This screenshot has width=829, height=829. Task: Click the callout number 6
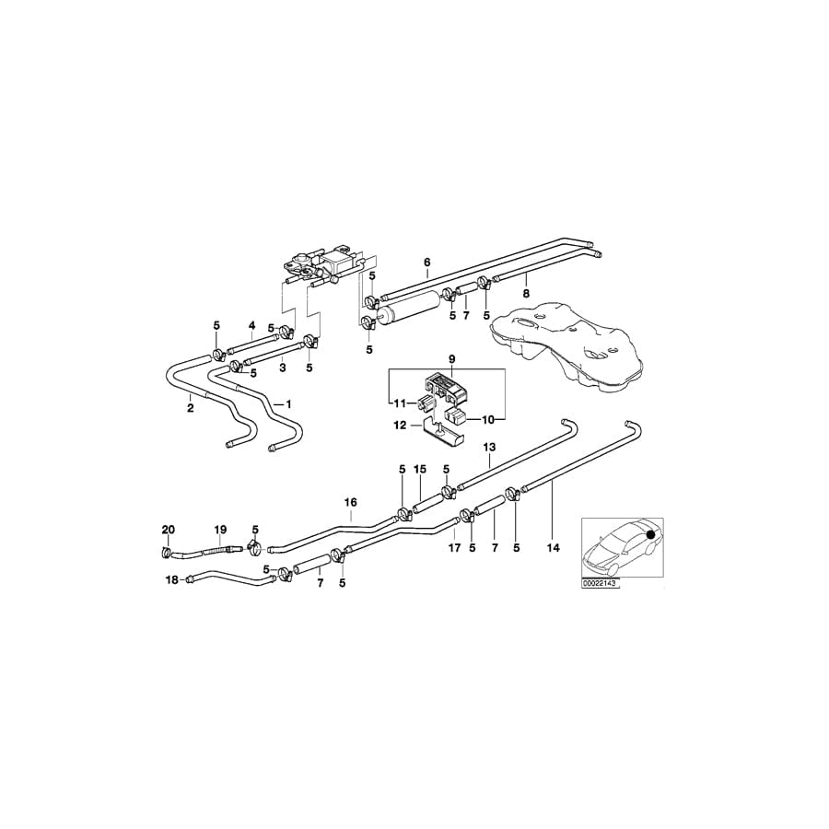coord(427,263)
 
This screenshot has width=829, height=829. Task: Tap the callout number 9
coord(452,359)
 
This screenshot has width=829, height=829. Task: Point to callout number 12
coord(400,425)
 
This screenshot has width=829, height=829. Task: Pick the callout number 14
coord(553,547)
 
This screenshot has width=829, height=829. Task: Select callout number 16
coord(350,503)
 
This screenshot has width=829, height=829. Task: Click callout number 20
coord(168,530)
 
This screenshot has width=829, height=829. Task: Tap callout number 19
coord(220,530)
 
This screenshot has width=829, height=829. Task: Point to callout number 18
coord(172,579)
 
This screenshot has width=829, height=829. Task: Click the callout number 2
coord(190,407)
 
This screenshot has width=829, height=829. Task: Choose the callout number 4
coord(251,325)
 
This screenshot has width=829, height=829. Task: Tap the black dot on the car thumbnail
coord(651,534)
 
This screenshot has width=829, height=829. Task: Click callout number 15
coord(419,470)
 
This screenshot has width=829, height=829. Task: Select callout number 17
coord(454,547)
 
